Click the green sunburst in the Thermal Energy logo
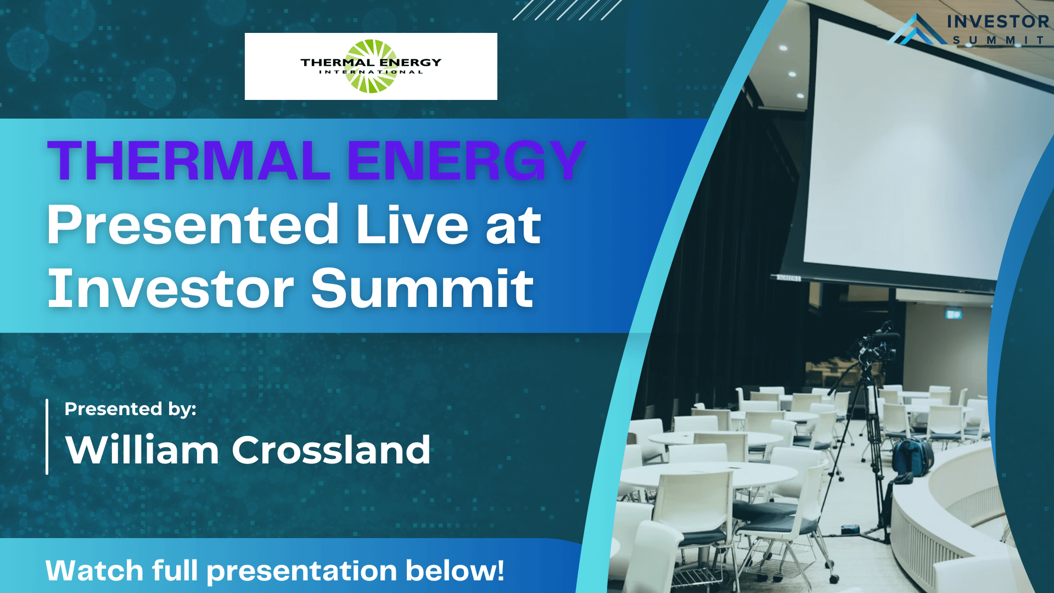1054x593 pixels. tap(371, 66)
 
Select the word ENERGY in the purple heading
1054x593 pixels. tap(467, 160)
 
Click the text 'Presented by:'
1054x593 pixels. tap(130, 410)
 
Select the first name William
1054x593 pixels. tap(142, 450)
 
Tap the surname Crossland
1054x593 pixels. tap(331, 450)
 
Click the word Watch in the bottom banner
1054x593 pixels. tap(94, 570)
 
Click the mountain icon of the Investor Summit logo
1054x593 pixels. tap(916, 30)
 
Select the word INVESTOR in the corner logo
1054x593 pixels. tap(998, 21)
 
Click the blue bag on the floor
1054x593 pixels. tap(912, 456)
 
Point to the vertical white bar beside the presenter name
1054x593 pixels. tap(47, 437)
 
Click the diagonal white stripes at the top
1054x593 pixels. tap(567, 10)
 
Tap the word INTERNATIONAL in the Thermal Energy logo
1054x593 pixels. tap(371, 72)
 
